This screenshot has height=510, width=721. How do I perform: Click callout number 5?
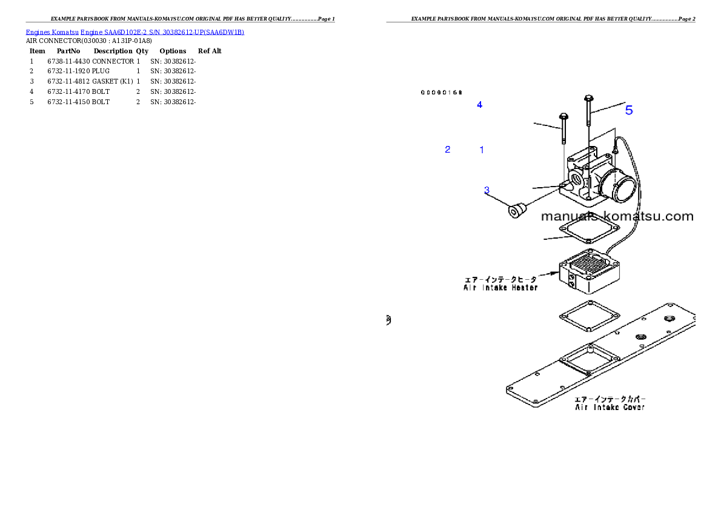click(x=629, y=110)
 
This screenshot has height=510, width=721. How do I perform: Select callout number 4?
click(x=479, y=105)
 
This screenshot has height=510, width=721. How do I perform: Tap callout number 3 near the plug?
click(x=487, y=190)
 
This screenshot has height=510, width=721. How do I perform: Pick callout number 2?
click(x=448, y=149)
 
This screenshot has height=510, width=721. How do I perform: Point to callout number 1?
click(x=482, y=149)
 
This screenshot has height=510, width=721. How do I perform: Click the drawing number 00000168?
click(x=442, y=93)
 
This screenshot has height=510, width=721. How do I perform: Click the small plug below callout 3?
click(x=516, y=211)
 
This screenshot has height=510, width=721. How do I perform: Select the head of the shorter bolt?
click(x=563, y=116)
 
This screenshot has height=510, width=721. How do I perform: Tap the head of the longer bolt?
click(x=588, y=98)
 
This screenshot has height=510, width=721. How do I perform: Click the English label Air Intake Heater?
click(x=497, y=288)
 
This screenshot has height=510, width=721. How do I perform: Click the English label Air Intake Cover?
click(x=610, y=408)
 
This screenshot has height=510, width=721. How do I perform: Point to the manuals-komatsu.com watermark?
click(x=617, y=216)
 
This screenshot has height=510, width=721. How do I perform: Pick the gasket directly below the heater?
click(x=589, y=316)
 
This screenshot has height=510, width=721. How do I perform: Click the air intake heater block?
click(x=591, y=271)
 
